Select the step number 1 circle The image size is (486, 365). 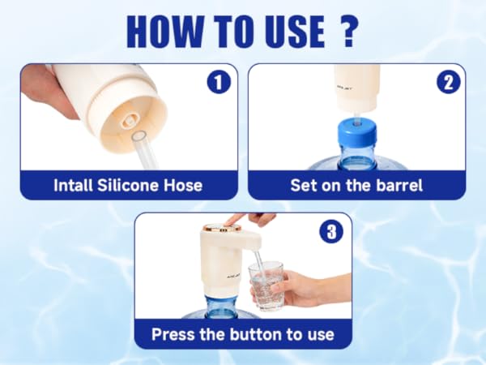click(220, 82)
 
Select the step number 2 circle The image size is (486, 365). click(449, 82)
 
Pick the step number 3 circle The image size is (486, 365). click(331, 231)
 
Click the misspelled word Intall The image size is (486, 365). click(73, 185)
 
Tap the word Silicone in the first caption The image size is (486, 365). click(128, 185)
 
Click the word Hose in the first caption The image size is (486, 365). click(183, 185)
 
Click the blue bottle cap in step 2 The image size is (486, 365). click(356, 134)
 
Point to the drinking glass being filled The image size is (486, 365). click(266, 286)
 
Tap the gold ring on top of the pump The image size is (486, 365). click(222, 229)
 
